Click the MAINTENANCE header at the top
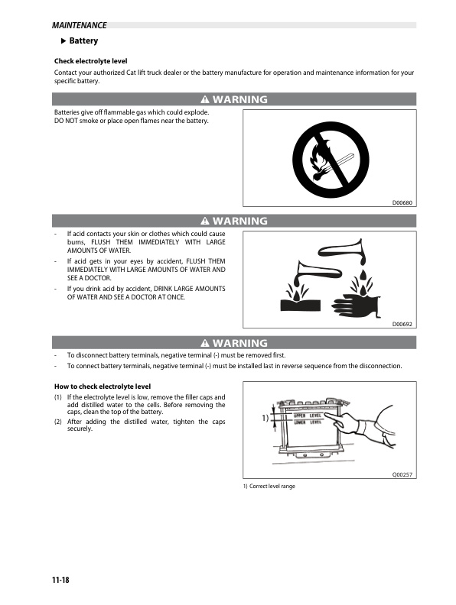[x=74, y=26]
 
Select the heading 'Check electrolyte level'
[x=90, y=61]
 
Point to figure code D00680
[x=402, y=202]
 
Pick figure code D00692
[x=402, y=324]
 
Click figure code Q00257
[x=402, y=475]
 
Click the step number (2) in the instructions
[x=58, y=422]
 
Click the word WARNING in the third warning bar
[x=240, y=343]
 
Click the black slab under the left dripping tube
[x=298, y=305]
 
